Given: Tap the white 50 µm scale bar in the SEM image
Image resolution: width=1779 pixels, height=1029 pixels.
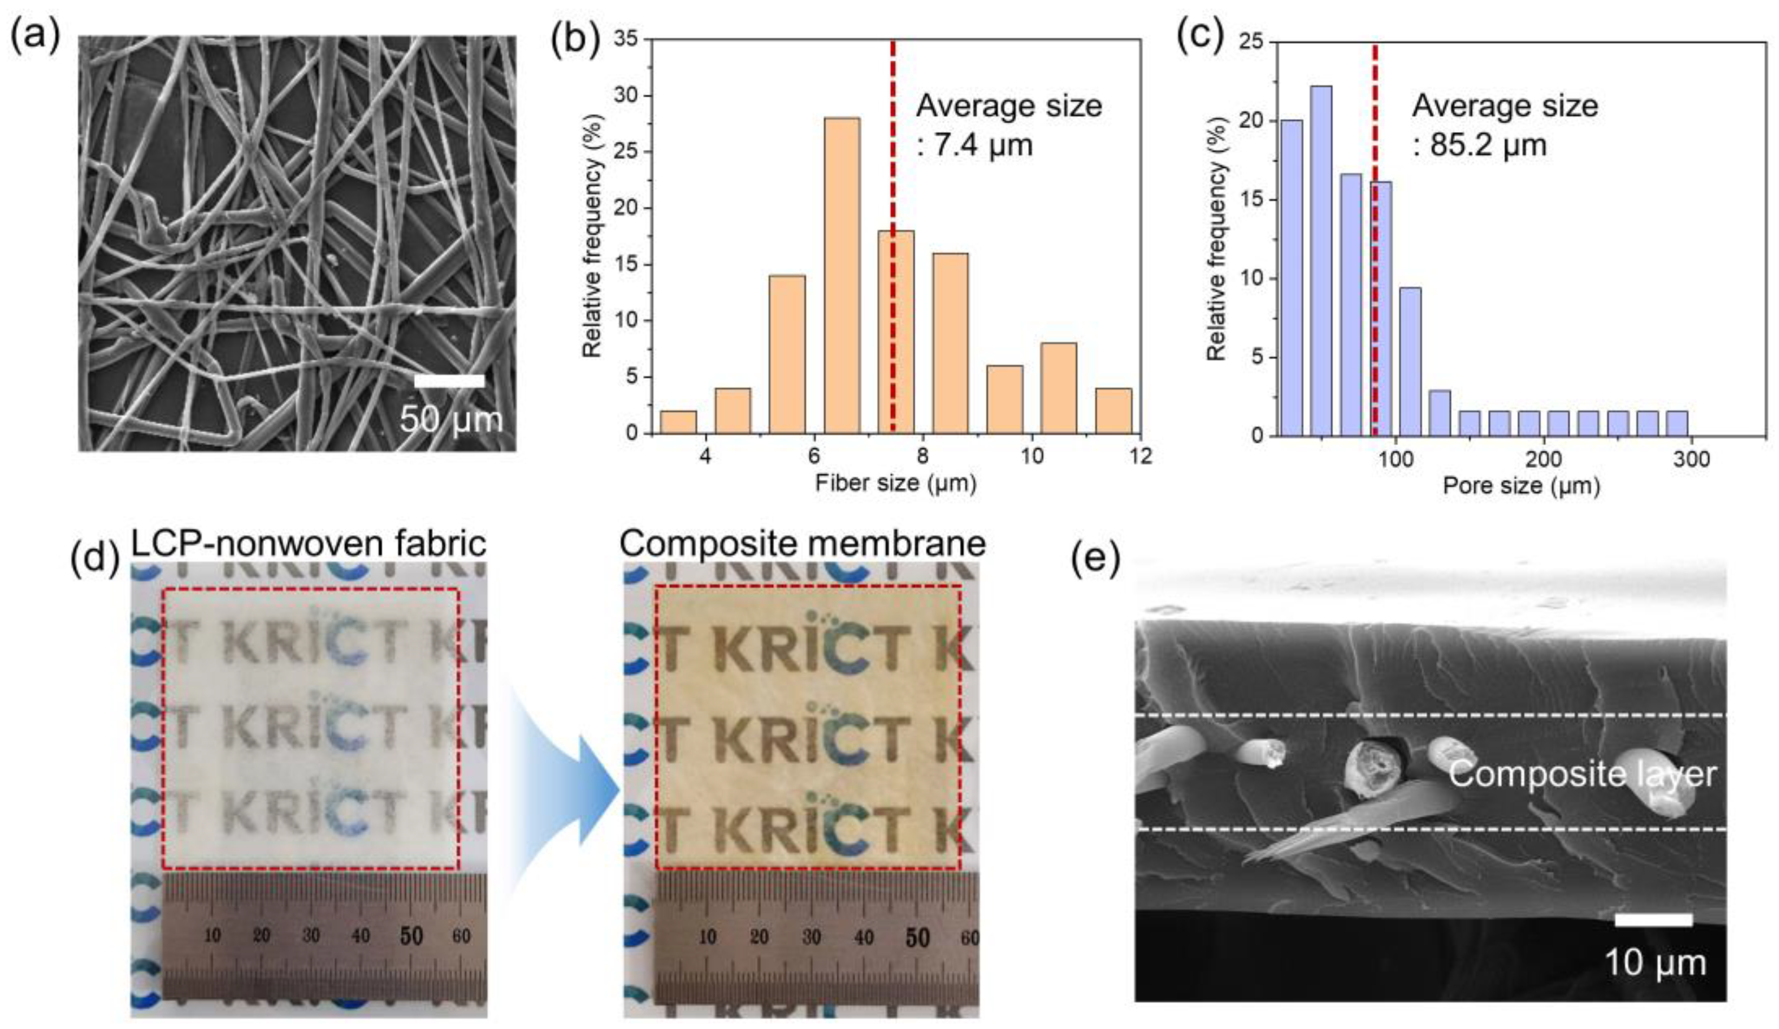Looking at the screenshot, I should point(449,381).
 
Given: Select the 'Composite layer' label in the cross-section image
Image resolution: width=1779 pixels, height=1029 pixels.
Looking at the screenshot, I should point(1582,775).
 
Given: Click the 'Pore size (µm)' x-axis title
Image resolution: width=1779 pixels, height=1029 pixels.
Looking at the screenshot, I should point(1520,486).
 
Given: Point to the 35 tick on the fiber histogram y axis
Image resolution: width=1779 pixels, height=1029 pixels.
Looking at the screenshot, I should point(625,40).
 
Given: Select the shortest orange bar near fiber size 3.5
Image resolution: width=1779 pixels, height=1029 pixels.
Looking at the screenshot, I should point(678,422).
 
